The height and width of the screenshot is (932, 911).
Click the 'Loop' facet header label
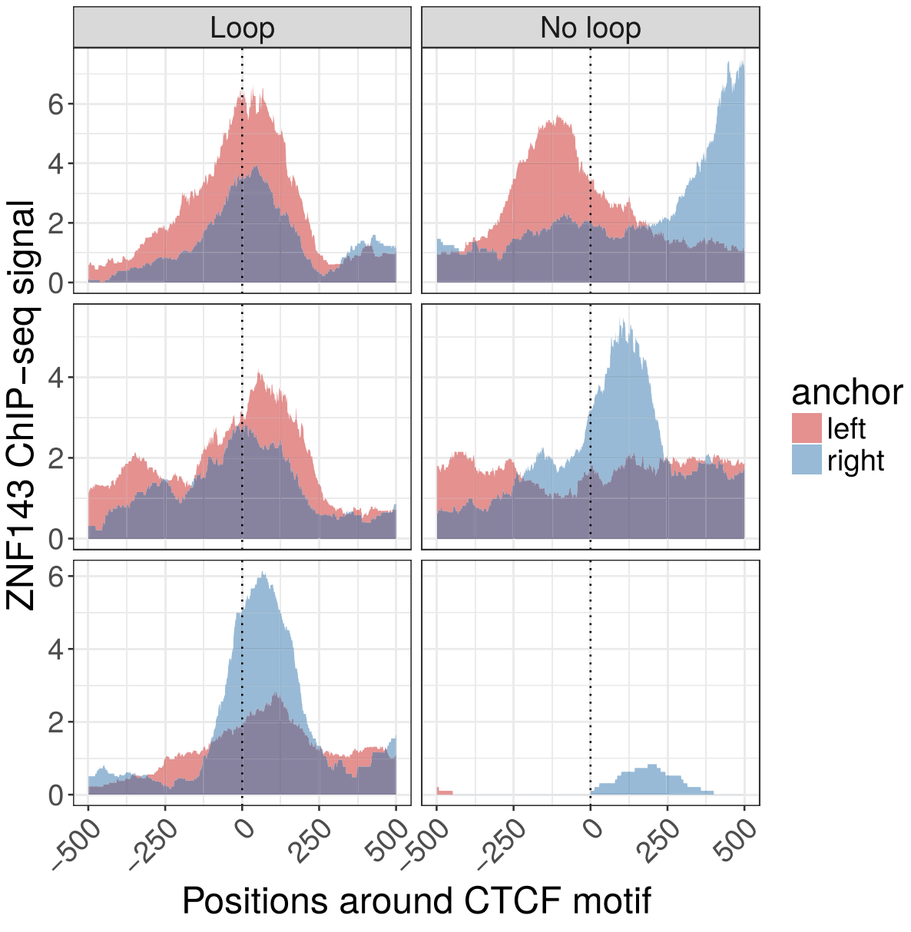(x=242, y=28)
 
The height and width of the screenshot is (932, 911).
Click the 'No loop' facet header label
(x=590, y=28)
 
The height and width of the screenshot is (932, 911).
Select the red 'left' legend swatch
(x=807, y=428)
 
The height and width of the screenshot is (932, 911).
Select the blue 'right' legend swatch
(x=807, y=459)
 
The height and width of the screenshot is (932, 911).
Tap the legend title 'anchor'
(x=846, y=392)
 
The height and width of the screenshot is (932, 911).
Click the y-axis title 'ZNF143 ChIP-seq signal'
(x=22, y=405)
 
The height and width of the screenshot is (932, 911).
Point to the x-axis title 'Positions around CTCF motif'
(x=416, y=901)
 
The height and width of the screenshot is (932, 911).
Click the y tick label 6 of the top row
(x=55, y=104)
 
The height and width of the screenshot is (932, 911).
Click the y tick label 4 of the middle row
(x=55, y=378)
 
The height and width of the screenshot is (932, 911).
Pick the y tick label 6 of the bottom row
(x=55, y=577)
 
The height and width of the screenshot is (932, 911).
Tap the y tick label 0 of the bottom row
(x=55, y=795)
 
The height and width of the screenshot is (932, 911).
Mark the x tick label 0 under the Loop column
(x=243, y=830)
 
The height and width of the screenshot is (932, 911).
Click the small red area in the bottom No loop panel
(x=444, y=792)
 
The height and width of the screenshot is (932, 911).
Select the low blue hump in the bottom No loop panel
(x=652, y=782)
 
